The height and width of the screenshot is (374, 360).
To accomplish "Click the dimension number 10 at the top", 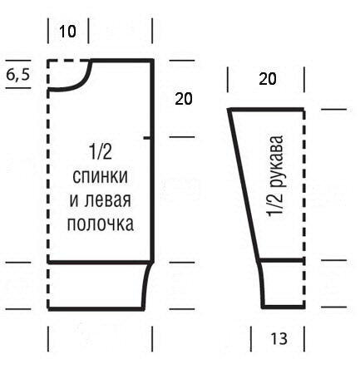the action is (x=67, y=32).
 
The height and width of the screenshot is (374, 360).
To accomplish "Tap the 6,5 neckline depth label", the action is (x=18, y=74).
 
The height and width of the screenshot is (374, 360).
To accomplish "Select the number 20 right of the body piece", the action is (x=184, y=99).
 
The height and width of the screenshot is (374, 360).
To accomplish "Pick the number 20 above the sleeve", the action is (x=268, y=79).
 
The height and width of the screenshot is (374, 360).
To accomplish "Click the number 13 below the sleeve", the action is (x=279, y=338).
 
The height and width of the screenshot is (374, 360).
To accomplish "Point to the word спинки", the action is (x=100, y=176).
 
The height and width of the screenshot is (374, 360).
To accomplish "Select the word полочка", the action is (x=101, y=224).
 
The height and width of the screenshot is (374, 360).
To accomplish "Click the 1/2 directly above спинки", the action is (x=101, y=152).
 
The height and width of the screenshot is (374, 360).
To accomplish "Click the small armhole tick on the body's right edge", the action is (x=147, y=138).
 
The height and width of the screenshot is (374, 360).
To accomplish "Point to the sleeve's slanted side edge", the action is (x=244, y=185).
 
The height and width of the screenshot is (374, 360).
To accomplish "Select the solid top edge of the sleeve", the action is (x=266, y=111).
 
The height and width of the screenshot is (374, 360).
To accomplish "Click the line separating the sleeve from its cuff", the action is (x=282, y=260).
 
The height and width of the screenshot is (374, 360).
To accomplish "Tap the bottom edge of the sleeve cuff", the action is (x=283, y=307).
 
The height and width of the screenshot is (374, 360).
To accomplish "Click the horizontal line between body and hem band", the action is (x=100, y=262).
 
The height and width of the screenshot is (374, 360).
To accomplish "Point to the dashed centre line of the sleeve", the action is (x=304, y=209).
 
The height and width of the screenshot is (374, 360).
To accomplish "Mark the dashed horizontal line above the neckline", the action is (x=68, y=61).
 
